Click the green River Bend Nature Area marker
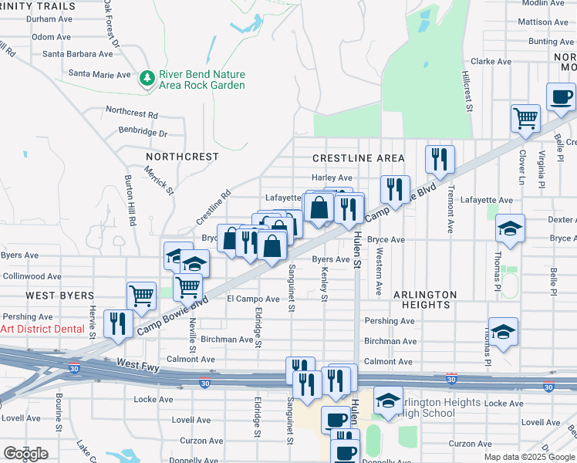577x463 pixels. (147, 78)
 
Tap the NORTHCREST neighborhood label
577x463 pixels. (182, 157)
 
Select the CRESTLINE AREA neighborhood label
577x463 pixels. (358, 158)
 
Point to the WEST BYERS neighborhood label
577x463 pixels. (59, 296)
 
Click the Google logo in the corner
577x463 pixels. (25, 454)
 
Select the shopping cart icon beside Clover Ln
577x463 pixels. (525, 119)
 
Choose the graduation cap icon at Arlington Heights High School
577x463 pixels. (388, 400)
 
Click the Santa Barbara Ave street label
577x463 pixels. (77, 54)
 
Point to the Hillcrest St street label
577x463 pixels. (467, 93)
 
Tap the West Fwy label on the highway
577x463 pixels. (138, 363)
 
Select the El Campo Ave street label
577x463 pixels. (253, 299)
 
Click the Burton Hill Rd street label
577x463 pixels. (130, 200)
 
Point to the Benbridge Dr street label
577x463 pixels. (142, 133)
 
